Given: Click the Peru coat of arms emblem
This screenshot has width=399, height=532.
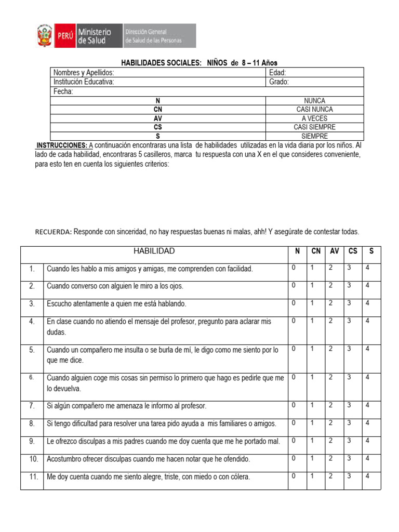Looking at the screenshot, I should (x=44, y=36).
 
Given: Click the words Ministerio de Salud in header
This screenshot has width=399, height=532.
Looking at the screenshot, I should (x=94, y=36).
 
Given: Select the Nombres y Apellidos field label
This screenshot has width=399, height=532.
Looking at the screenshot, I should (x=84, y=73).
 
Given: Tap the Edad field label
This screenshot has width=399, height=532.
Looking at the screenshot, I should (x=277, y=73).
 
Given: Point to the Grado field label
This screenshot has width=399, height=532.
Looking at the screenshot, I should (x=279, y=82).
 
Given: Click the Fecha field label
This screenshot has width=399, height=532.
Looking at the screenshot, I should (x=63, y=91).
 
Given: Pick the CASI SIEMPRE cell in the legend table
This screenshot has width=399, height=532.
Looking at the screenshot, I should (x=314, y=127).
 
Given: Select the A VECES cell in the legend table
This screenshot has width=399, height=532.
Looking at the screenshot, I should (x=314, y=118).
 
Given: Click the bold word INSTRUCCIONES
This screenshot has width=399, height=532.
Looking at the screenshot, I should (x=61, y=145).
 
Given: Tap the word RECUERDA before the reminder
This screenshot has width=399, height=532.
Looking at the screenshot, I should (x=53, y=232).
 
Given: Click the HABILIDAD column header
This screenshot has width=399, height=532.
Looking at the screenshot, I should (x=154, y=251).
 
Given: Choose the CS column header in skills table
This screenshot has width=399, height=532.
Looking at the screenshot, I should (x=353, y=251).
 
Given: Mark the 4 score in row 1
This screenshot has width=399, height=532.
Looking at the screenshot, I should (x=367, y=268).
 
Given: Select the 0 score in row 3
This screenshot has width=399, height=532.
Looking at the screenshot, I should (x=294, y=303).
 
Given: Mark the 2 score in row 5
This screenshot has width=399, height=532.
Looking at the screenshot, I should (x=330, y=349).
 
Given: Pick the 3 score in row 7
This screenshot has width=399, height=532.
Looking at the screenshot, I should (x=349, y=405).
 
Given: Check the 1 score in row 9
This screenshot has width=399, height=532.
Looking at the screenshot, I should (x=312, y=440).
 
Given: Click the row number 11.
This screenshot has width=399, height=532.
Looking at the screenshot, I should (x=32, y=477).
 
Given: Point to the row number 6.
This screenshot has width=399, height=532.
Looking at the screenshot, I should (x=32, y=378).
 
